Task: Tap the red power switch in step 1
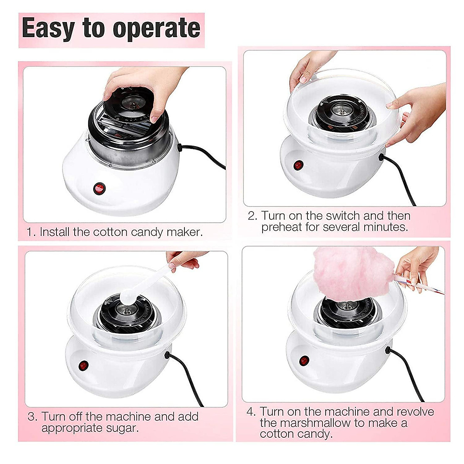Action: click(99, 189)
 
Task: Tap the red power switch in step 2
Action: click(298, 165)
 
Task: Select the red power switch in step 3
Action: click(83, 365)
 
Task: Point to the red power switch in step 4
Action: click(304, 360)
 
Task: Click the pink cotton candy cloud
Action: click(352, 274)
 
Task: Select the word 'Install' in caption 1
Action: click(55, 232)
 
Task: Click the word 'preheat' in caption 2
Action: click(282, 227)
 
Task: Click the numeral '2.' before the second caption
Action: click(252, 216)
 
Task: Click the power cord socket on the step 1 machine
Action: click(180, 147)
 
